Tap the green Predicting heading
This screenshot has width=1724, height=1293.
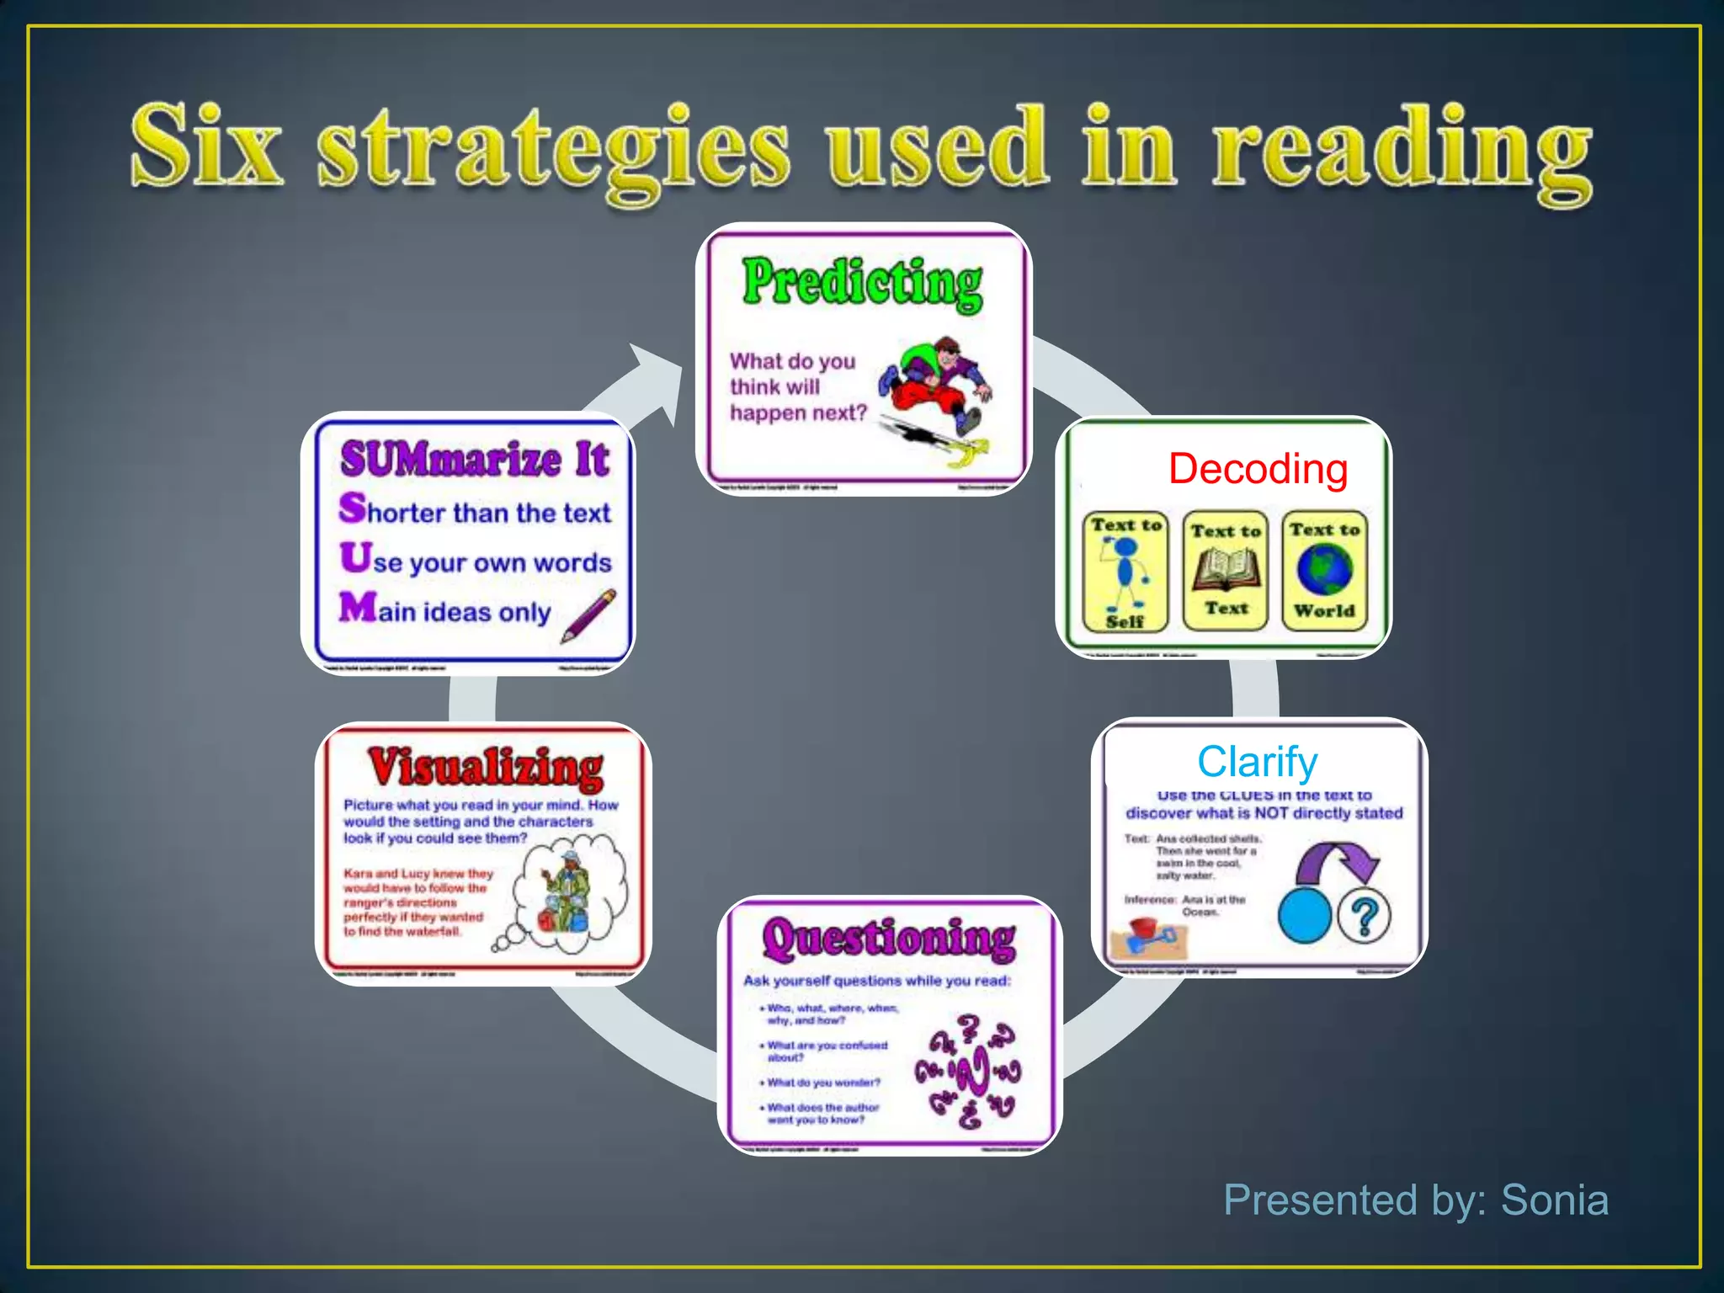tap(862, 283)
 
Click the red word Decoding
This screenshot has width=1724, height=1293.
tap(1258, 469)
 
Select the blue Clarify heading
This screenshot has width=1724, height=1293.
tap(1257, 761)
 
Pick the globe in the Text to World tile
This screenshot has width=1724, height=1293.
tap(1324, 569)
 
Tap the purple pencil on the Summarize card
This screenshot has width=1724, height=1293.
tap(588, 615)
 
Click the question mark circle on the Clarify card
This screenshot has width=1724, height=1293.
tap(1364, 915)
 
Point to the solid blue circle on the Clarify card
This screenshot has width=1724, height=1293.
tap(1304, 915)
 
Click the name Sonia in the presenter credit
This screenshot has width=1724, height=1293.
tap(1554, 1199)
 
